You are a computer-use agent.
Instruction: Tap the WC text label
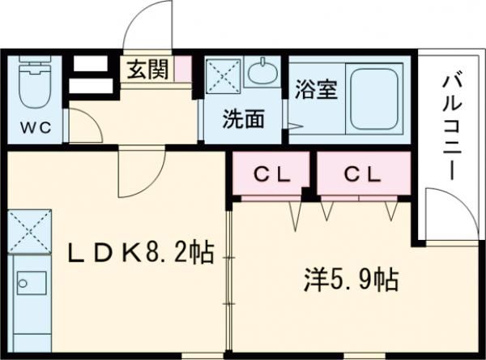click(33, 127)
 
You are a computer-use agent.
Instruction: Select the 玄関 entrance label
click(147, 70)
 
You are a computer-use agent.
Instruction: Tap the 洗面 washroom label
click(244, 118)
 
